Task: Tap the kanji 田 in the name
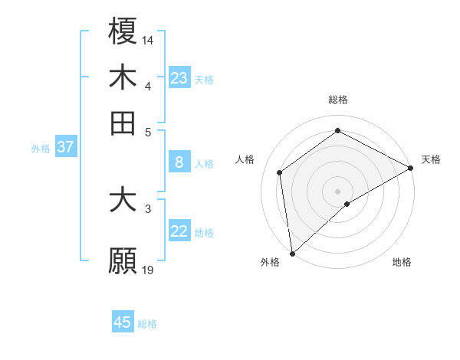point(123,123)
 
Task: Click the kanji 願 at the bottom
point(123,261)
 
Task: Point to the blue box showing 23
point(179,78)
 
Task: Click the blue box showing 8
point(179,162)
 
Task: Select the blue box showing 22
point(179,231)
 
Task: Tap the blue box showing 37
point(65,147)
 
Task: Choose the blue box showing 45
point(123,322)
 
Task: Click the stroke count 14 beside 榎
point(148,38)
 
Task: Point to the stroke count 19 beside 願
point(148,270)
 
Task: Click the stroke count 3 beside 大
point(148,208)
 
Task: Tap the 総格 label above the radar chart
point(337,100)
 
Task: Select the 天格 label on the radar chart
point(431,159)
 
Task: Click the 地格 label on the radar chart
point(402,262)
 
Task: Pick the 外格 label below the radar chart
point(270,262)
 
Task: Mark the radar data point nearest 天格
point(411,169)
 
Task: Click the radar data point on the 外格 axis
point(291,253)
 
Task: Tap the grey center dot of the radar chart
point(337,190)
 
